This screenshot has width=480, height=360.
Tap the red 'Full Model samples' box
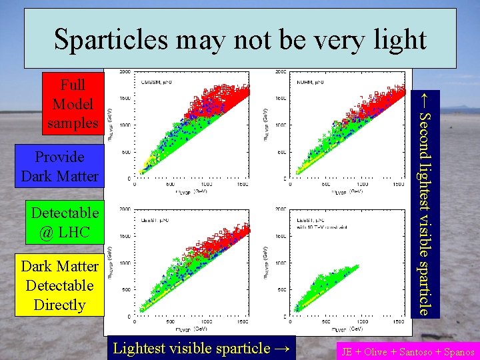73,104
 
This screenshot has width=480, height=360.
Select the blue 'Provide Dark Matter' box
60,167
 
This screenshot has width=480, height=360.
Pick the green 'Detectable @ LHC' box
65,223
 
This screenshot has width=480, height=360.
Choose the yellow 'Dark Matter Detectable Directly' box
60,285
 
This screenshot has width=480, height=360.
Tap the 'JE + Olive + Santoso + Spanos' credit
407,352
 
